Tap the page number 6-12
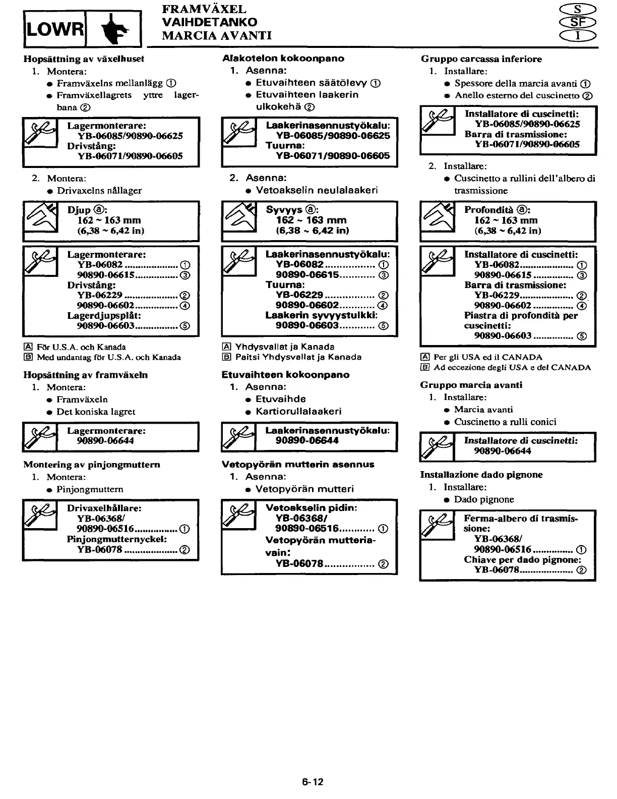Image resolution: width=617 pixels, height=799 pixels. pos(313,782)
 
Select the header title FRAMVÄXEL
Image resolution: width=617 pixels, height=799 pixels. pos(204,9)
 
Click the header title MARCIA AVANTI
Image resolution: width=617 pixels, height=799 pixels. pos(217,35)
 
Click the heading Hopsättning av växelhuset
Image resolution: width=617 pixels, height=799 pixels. pos(84,59)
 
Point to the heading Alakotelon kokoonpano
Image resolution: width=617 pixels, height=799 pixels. pos(283,58)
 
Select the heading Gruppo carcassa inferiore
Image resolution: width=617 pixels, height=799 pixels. pos(481,59)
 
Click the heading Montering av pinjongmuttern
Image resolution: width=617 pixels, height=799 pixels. pos(92,464)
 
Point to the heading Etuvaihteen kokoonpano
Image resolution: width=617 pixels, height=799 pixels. pos(285,374)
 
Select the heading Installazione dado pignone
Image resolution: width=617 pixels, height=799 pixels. pos(481,474)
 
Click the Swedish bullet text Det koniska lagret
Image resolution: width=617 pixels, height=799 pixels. pos(96,411)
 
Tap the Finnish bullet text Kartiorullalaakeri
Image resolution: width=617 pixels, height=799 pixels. pos(298,411)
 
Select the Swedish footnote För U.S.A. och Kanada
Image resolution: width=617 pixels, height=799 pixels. pos(81,347)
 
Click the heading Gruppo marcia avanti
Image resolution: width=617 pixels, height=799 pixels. pos(471,385)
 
